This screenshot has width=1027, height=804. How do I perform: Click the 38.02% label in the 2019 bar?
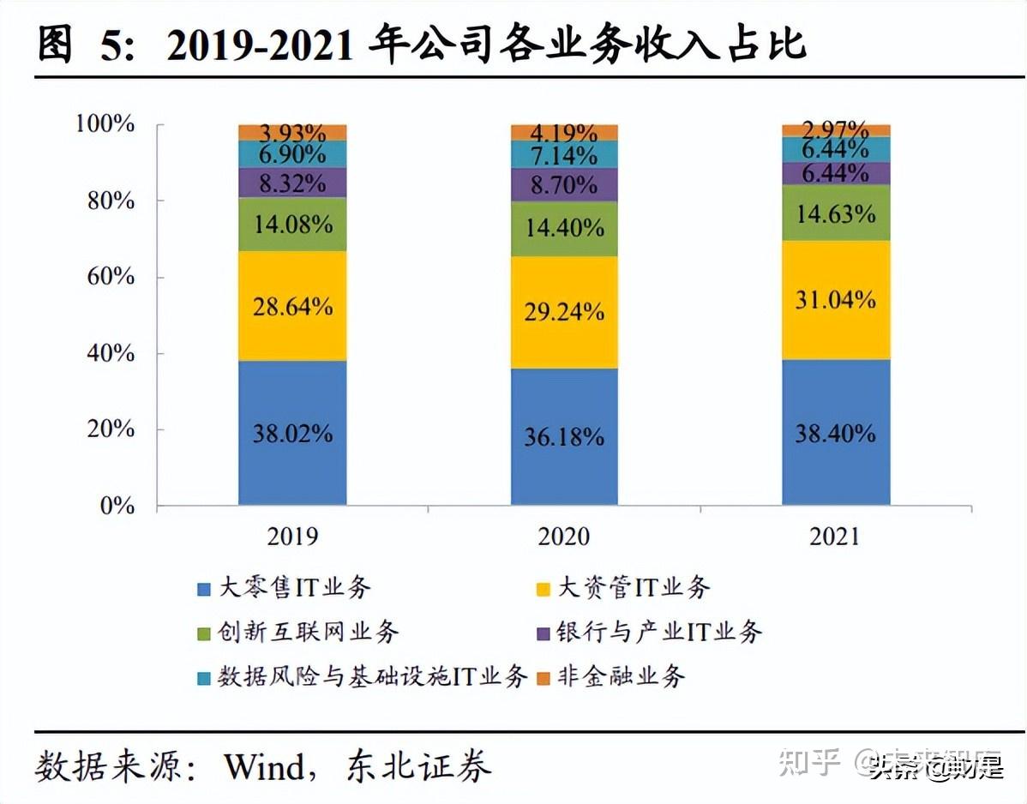292,433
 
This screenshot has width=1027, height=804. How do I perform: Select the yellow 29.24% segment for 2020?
564,312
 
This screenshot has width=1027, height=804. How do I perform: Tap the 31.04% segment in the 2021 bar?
835,299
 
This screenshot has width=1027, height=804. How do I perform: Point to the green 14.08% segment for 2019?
292,225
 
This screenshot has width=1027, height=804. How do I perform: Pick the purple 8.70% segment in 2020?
564,183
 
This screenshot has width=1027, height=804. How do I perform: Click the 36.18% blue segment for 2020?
564,437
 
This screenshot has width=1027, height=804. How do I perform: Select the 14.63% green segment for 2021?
835,213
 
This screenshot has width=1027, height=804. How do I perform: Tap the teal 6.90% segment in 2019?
292,154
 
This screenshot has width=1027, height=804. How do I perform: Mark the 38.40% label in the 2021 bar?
835,433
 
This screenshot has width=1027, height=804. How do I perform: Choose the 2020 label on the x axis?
564,537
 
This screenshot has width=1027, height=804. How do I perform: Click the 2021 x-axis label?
835,537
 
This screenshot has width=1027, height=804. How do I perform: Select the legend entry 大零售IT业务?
295,588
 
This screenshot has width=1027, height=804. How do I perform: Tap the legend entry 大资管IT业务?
634,588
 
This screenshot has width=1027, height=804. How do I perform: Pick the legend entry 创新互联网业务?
309,633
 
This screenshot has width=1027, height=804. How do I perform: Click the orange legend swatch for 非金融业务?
542,678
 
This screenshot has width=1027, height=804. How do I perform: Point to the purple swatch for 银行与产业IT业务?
542,633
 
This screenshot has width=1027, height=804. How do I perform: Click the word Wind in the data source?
263,766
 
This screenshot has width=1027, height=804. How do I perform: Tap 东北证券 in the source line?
419,766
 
